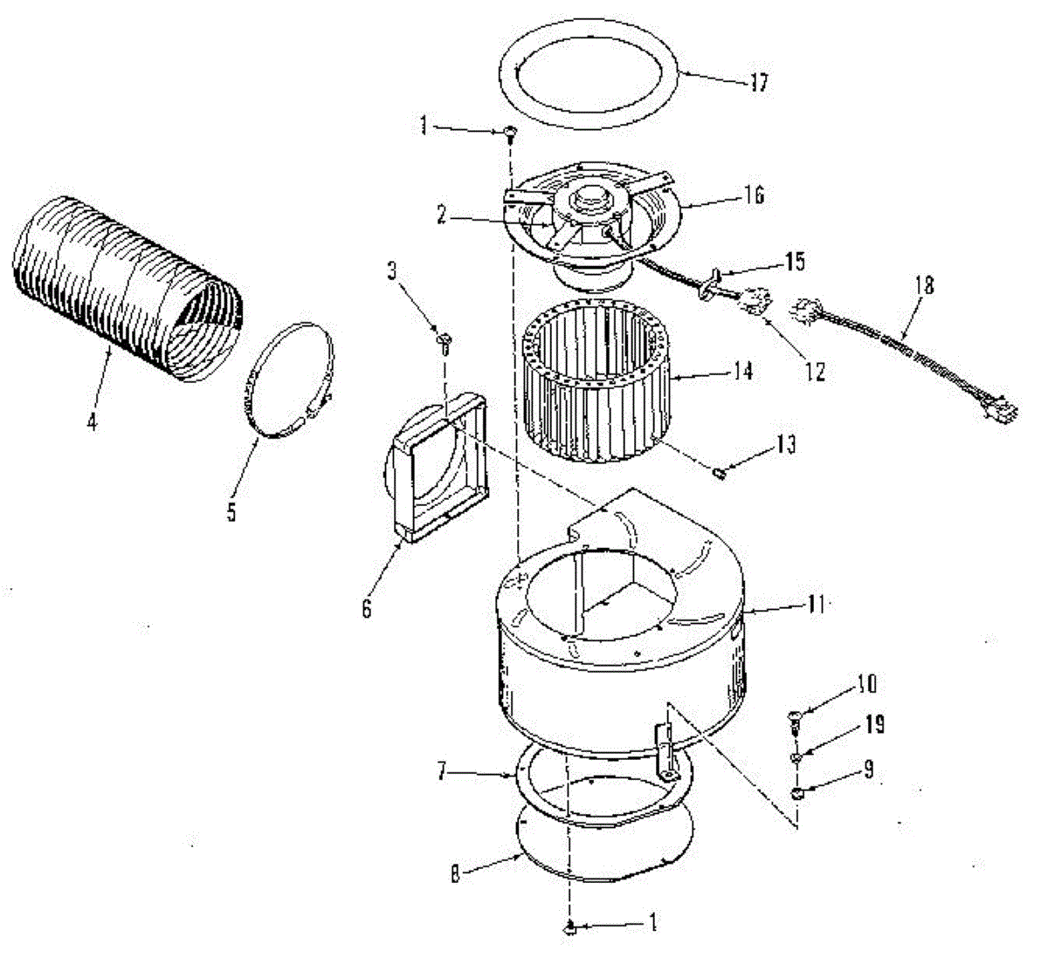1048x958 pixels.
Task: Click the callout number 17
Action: pos(757,83)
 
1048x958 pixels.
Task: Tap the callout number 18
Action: pos(925,285)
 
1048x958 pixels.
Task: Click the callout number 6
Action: pos(367,607)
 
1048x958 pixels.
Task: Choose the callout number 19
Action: pos(874,724)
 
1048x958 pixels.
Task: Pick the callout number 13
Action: pos(786,445)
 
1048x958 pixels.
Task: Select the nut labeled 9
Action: pos(796,792)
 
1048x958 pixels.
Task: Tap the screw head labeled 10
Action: pos(796,717)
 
